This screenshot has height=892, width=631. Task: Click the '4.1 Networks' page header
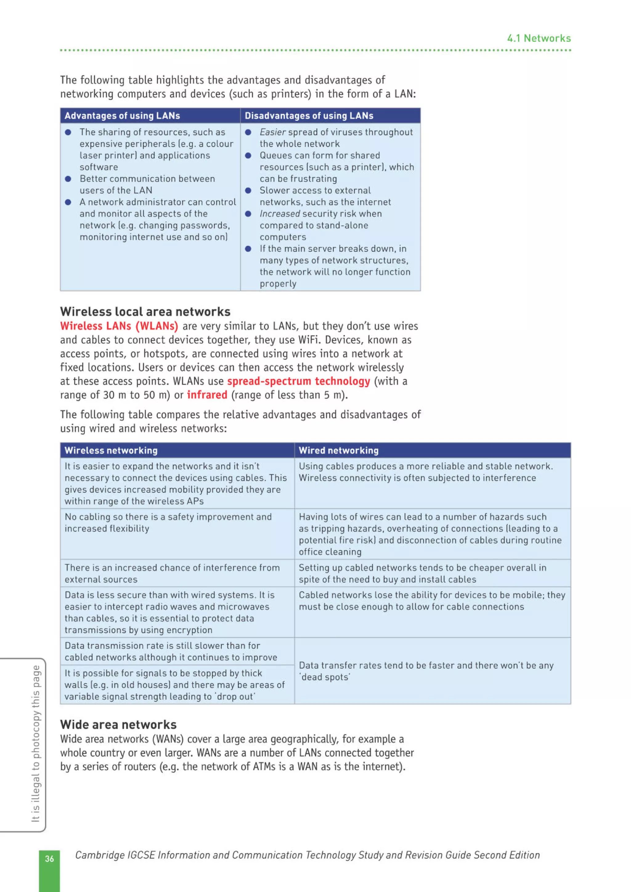tap(539, 38)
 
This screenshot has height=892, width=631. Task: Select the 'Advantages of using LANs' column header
tap(122, 116)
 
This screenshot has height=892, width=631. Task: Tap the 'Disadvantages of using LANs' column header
tap(309, 116)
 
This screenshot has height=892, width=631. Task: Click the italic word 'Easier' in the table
tap(273, 132)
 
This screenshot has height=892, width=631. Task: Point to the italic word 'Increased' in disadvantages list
tap(279, 214)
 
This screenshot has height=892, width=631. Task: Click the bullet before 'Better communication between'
tap(68, 179)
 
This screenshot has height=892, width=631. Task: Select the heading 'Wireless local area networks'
tap(145, 311)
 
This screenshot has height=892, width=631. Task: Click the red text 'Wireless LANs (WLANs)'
tap(119, 326)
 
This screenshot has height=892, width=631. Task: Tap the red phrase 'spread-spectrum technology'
tap(298, 381)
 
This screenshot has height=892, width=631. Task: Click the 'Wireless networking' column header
tap(111, 450)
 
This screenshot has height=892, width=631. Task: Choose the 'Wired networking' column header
tap(338, 450)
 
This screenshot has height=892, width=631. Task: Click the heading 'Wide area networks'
tap(118, 725)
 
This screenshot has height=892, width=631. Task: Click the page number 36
tap(49, 858)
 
